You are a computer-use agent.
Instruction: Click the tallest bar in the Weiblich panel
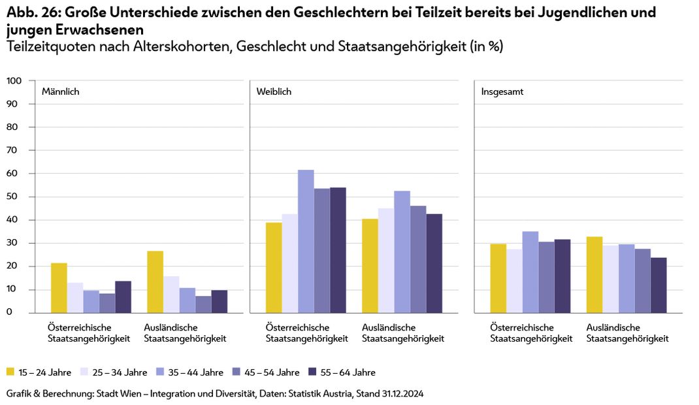click(x=306, y=241)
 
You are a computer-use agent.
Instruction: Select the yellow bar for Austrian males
click(x=59, y=287)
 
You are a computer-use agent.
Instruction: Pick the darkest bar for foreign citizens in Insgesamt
click(x=658, y=285)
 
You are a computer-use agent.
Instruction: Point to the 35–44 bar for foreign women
click(x=402, y=251)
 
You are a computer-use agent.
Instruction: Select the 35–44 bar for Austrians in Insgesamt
click(x=530, y=272)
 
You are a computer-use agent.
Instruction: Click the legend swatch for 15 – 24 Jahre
click(x=10, y=372)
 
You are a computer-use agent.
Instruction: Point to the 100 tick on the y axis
click(x=14, y=80)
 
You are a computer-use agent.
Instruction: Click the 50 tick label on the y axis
click(x=14, y=197)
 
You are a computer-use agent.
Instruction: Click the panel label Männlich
click(x=60, y=92)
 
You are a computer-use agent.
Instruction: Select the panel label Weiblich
click(x=274, y=92)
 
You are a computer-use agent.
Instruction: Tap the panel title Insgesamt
click(x=502, y=92)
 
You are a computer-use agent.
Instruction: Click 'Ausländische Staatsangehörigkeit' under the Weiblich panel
click(x=402, y=332)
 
